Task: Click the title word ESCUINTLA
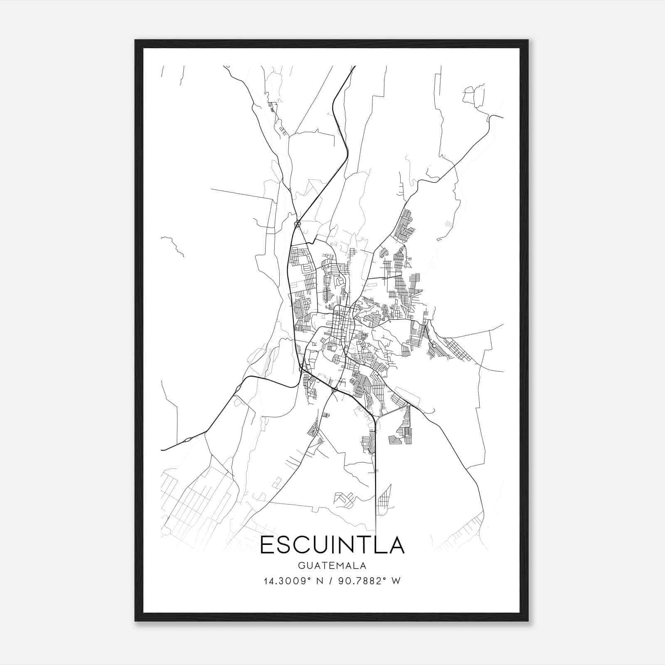coord(332,545)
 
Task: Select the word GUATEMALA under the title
coord(332,566)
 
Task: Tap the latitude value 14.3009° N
coord(293,581)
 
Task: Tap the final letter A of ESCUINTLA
coord(397,545)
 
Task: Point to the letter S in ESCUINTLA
coord(285,545)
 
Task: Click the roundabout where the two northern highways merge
coord(297,224)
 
